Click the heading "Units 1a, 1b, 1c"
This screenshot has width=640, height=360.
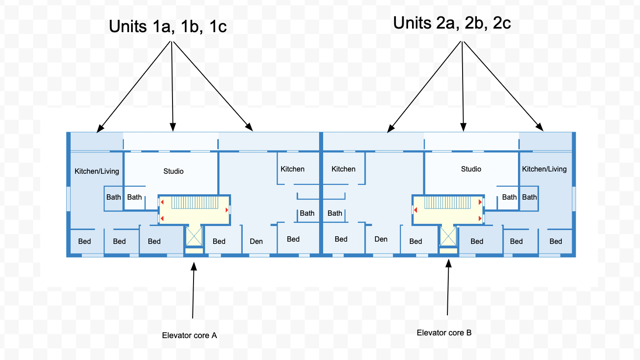(168, 26)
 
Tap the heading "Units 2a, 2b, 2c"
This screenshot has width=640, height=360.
(452, 22)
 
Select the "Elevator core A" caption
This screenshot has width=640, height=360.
(189, 335)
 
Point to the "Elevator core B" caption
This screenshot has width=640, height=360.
(444, 333)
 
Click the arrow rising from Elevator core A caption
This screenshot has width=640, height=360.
(193, 290)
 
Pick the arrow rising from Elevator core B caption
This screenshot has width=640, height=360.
(448, 288)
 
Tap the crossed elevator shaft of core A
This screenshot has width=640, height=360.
(194, 236)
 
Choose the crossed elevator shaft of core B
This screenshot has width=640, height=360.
(448, 236)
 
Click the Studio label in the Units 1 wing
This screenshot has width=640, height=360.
(173, 171)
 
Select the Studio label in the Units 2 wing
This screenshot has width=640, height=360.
(471, 169)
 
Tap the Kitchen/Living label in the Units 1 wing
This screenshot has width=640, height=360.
(97, 171)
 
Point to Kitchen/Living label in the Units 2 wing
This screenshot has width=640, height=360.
(544, 169)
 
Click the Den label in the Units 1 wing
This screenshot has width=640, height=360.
(257, 241)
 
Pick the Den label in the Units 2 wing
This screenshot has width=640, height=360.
(381, 239)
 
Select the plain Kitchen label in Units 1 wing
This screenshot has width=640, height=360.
(292, 169)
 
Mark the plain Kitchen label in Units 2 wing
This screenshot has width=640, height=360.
(344, 169)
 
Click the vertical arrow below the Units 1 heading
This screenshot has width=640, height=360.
(173, 85)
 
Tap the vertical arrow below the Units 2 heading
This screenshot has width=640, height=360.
(463, 85)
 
